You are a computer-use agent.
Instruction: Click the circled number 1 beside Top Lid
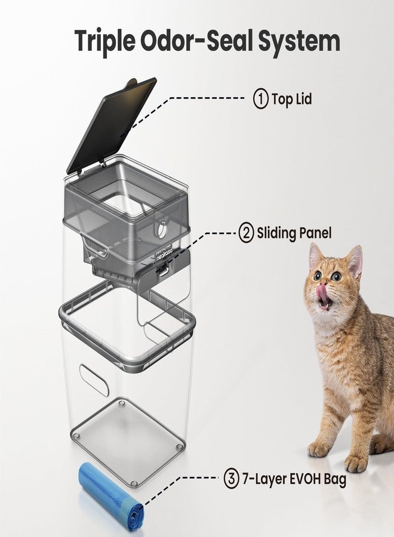point(261,99)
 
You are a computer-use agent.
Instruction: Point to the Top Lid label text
point(292,99)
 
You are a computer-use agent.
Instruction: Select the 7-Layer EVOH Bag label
point(294,479)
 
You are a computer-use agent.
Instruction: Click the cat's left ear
point(317,256)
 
